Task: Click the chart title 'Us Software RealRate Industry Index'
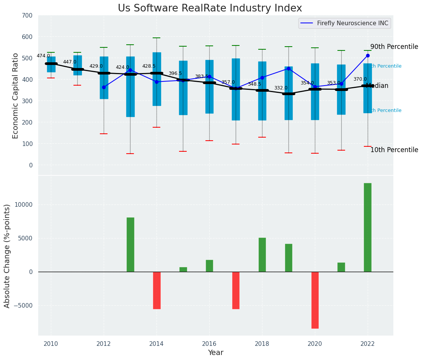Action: tap(210, 8)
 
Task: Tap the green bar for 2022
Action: tap(368, 227)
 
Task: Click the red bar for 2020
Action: tap(315, 300)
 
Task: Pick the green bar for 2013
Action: tap(130, 245)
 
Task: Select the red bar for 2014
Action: tap(157, 290)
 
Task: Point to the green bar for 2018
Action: tap(262, 255)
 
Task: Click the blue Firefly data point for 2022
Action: tap(368, 55)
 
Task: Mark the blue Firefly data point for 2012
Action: tap(104, 87)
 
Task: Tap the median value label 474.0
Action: tap(43, 56)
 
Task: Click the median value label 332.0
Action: tap(281, 88)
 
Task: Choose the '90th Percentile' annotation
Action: tap(394, 47)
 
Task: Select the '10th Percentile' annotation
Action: tap(394, 150)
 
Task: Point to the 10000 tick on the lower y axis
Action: tap(24, 204)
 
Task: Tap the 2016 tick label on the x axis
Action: tap(209, 344)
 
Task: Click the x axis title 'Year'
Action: tap(215, 353)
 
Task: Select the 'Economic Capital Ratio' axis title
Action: tap(16, 96)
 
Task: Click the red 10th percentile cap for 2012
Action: tap(104, 134)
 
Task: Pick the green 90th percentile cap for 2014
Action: tap(156, 38)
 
